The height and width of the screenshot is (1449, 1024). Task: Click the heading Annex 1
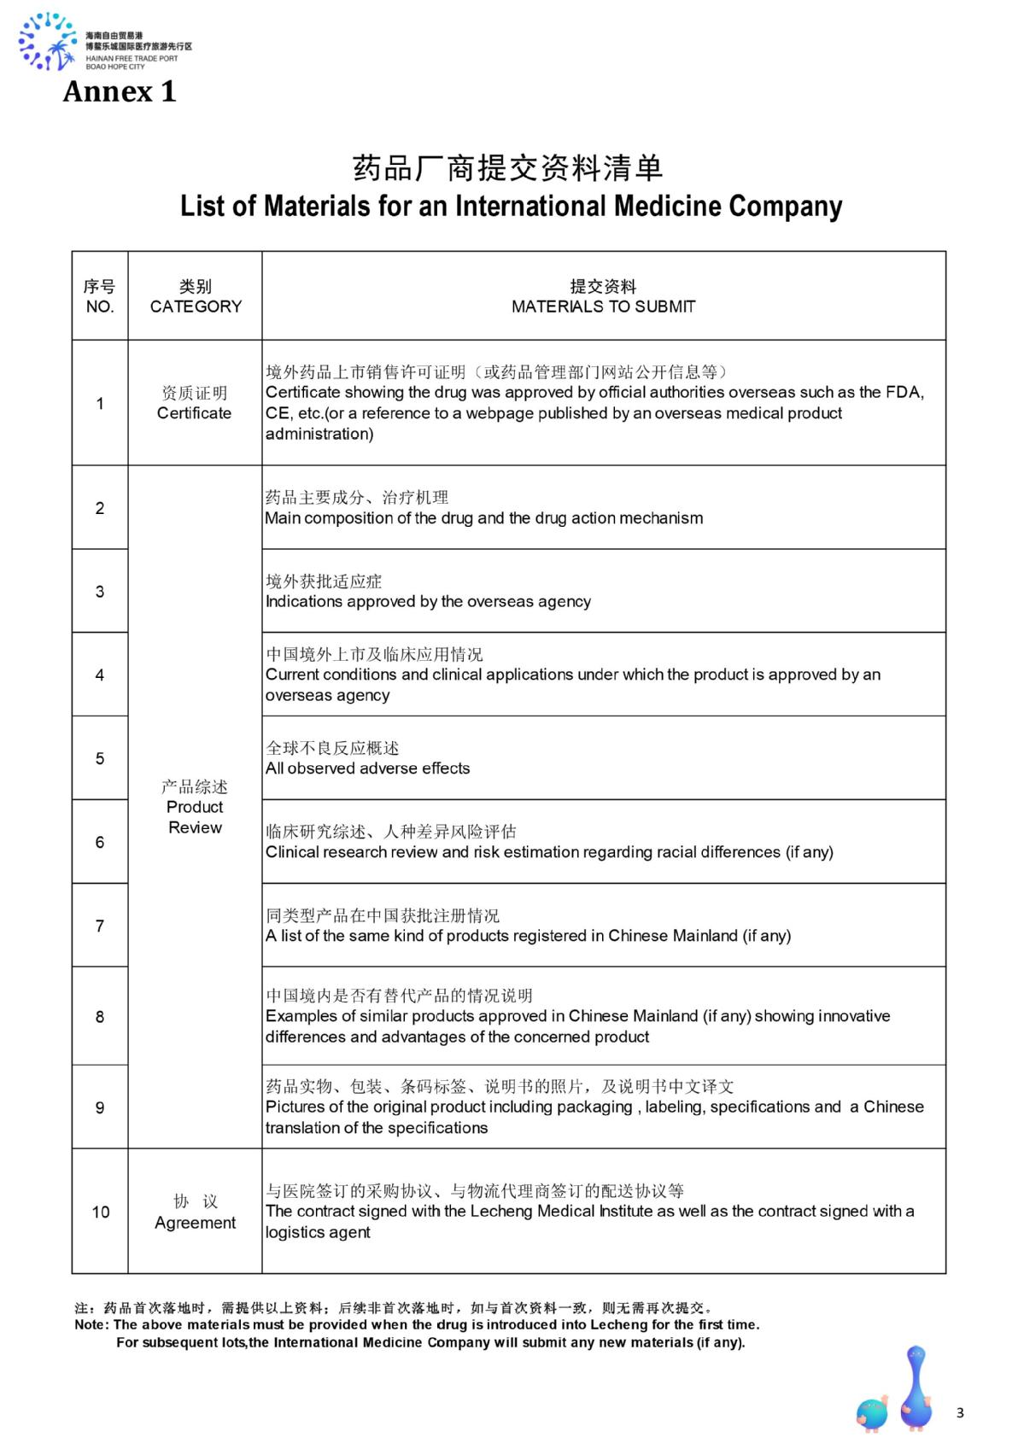pyautogui.click(x=120, y=91)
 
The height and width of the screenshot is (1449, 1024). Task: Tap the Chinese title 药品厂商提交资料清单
pyautogui.click(x=508, y=168)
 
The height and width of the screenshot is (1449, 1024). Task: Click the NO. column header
pyautogui.click(x=100, y=296)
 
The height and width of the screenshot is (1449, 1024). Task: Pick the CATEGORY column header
pyautogui.click(x=196, y=296)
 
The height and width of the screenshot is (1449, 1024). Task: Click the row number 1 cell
pyautogui.click(x=100, y=403)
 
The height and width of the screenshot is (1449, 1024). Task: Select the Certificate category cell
pyautogui.click(x=195, y=403)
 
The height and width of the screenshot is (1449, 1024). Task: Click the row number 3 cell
pyautogui.click(x=100, y=591)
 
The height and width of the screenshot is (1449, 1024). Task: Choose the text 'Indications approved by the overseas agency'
pyautogui.click(x=428, y=601)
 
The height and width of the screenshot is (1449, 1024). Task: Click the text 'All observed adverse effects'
pyautogui.click(x=367, y=768)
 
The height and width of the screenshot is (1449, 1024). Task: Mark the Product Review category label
pyautogui.click(x=195, y=807)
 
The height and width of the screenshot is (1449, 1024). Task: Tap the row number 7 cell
pyautogui.click(x=100, y=926)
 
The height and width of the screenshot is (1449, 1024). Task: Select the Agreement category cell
pyautogui.click(x=195, y=1212)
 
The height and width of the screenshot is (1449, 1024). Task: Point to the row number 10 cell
pyautogui.click(x=100, y=1212)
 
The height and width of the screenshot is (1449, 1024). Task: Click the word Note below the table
pyautogui.click(x=91, y=1325)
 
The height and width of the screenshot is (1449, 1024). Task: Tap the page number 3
pyautogui.click(x=960, y=1413)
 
